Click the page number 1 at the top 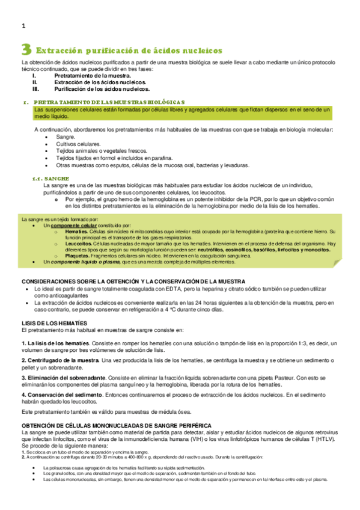point(23,26)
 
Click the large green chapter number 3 point(26,49)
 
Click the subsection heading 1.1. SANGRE point(50,179)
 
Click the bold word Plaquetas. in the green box point(76,256)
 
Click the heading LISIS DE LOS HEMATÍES point(58,324)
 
